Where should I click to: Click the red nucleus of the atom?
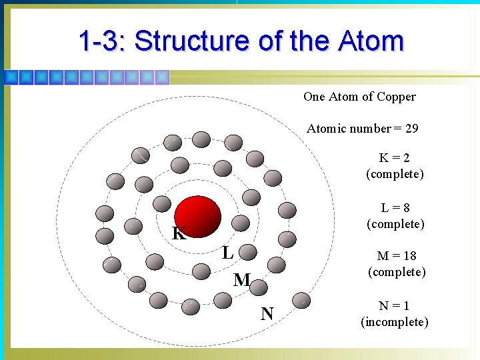(x=197, y=217)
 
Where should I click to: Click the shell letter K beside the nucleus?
(x=179, y=234)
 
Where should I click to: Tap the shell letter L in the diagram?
(x=227, y=253)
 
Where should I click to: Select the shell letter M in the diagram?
(x=241, y=281)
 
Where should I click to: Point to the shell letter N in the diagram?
(x=267, y=313)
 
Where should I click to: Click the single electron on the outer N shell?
(x=302, y=301)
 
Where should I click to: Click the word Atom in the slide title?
(x=371, y=41)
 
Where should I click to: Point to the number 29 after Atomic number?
(x=411, y=129)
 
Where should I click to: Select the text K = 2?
(x=395, y=158)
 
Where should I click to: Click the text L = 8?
(x=395, y=208)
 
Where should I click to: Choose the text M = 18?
(x=396, y=256)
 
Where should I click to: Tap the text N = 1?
(x=394, y=306)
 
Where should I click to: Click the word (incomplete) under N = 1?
(x=394, y=323)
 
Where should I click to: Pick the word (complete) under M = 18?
(x=396, y=272)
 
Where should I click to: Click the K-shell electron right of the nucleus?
(x=241, y=223)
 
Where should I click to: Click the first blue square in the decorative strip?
(x=11, y=77)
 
